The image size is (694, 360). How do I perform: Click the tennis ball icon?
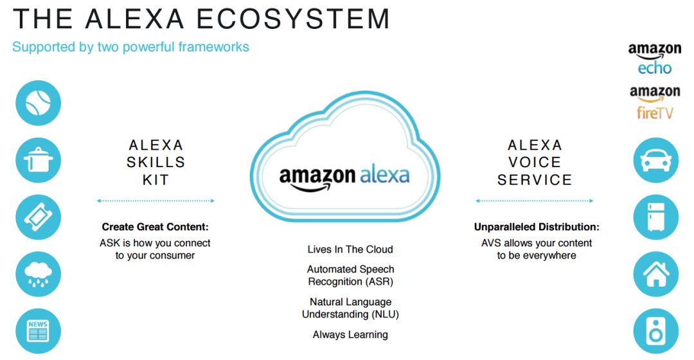tap(39, 103)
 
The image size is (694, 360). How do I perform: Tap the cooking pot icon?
tap(39, 160)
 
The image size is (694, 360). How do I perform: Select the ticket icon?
tap(39, 217)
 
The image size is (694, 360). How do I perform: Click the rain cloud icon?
tap(39, 274)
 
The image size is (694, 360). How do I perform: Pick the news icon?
tap(39, 331)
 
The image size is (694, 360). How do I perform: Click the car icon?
tap(656, 160)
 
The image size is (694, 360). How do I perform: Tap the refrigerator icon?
tap(656, 217)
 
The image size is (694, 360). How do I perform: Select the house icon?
tap(656, 274)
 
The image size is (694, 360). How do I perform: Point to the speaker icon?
tap(656, 331)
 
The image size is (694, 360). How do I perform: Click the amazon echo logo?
tap(655, 59)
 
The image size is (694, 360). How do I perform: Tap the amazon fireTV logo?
tap(655, 102)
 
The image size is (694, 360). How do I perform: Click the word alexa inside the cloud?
tap(385, 175)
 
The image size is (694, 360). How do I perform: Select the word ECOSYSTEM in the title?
tap(292, 19)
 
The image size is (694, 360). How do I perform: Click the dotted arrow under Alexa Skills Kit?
tap(156, 201)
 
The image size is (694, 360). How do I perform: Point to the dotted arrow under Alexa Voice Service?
tap(534, 201)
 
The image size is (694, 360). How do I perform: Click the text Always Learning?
tap(350, 335)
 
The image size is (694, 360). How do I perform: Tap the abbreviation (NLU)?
tap(385, 314)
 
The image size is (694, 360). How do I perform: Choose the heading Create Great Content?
tap(155, 227)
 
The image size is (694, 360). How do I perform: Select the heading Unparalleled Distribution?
tap(537, 227)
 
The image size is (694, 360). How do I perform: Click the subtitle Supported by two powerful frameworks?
tap(130, 47)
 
